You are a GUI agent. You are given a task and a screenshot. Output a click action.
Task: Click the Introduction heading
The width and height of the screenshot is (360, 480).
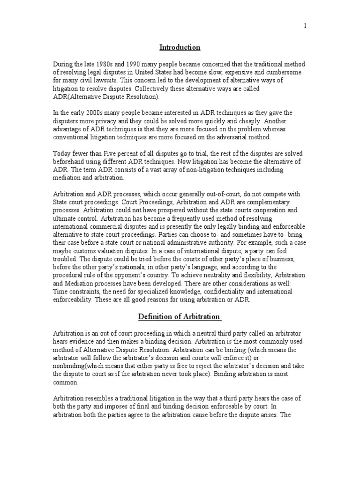pos(180,47)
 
